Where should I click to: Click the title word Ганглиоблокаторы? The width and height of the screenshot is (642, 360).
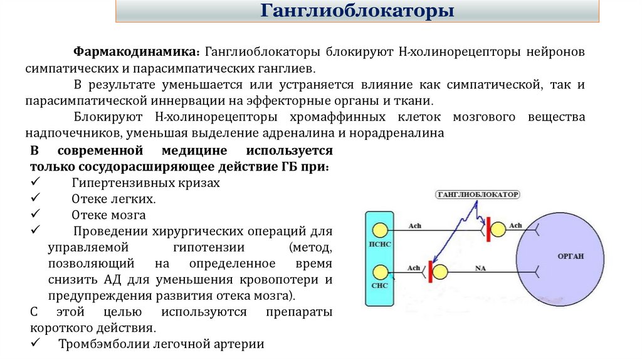357,12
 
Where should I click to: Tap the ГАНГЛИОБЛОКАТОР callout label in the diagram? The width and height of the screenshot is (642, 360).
478,195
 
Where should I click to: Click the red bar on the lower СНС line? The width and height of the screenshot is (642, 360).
430,272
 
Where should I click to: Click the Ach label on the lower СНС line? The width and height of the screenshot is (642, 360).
413,267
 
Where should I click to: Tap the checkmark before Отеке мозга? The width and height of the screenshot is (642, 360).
34,214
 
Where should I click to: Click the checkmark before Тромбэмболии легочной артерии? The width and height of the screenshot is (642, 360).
34,344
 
